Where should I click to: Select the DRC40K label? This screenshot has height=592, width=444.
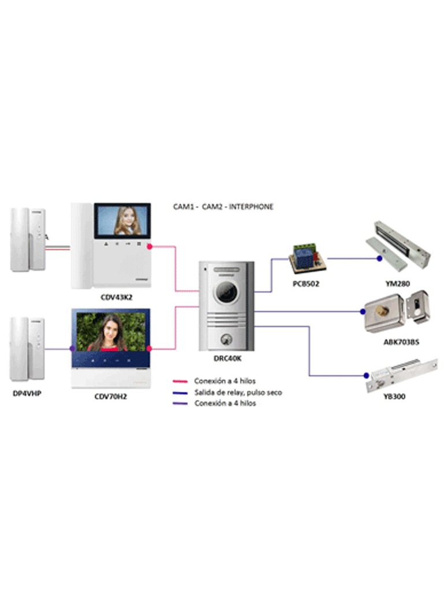tap(226, 359)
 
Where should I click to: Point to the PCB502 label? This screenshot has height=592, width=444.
tap(306, 284)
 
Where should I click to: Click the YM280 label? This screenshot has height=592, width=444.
tap(399, 284)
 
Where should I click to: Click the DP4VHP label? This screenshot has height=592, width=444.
tap(27, 394)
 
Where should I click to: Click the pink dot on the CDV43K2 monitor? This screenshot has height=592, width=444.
tap(149, 247)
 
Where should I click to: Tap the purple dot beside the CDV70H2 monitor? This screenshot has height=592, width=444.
tap(72, 349)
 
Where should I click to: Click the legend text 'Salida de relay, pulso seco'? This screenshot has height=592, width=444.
tap(238, 393)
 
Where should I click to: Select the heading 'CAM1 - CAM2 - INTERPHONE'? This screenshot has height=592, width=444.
tap(223, 206)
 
